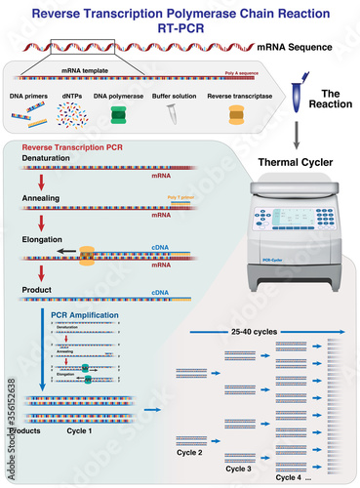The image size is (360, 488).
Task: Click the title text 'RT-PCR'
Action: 180,28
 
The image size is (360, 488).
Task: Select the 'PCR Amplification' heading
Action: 87,316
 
